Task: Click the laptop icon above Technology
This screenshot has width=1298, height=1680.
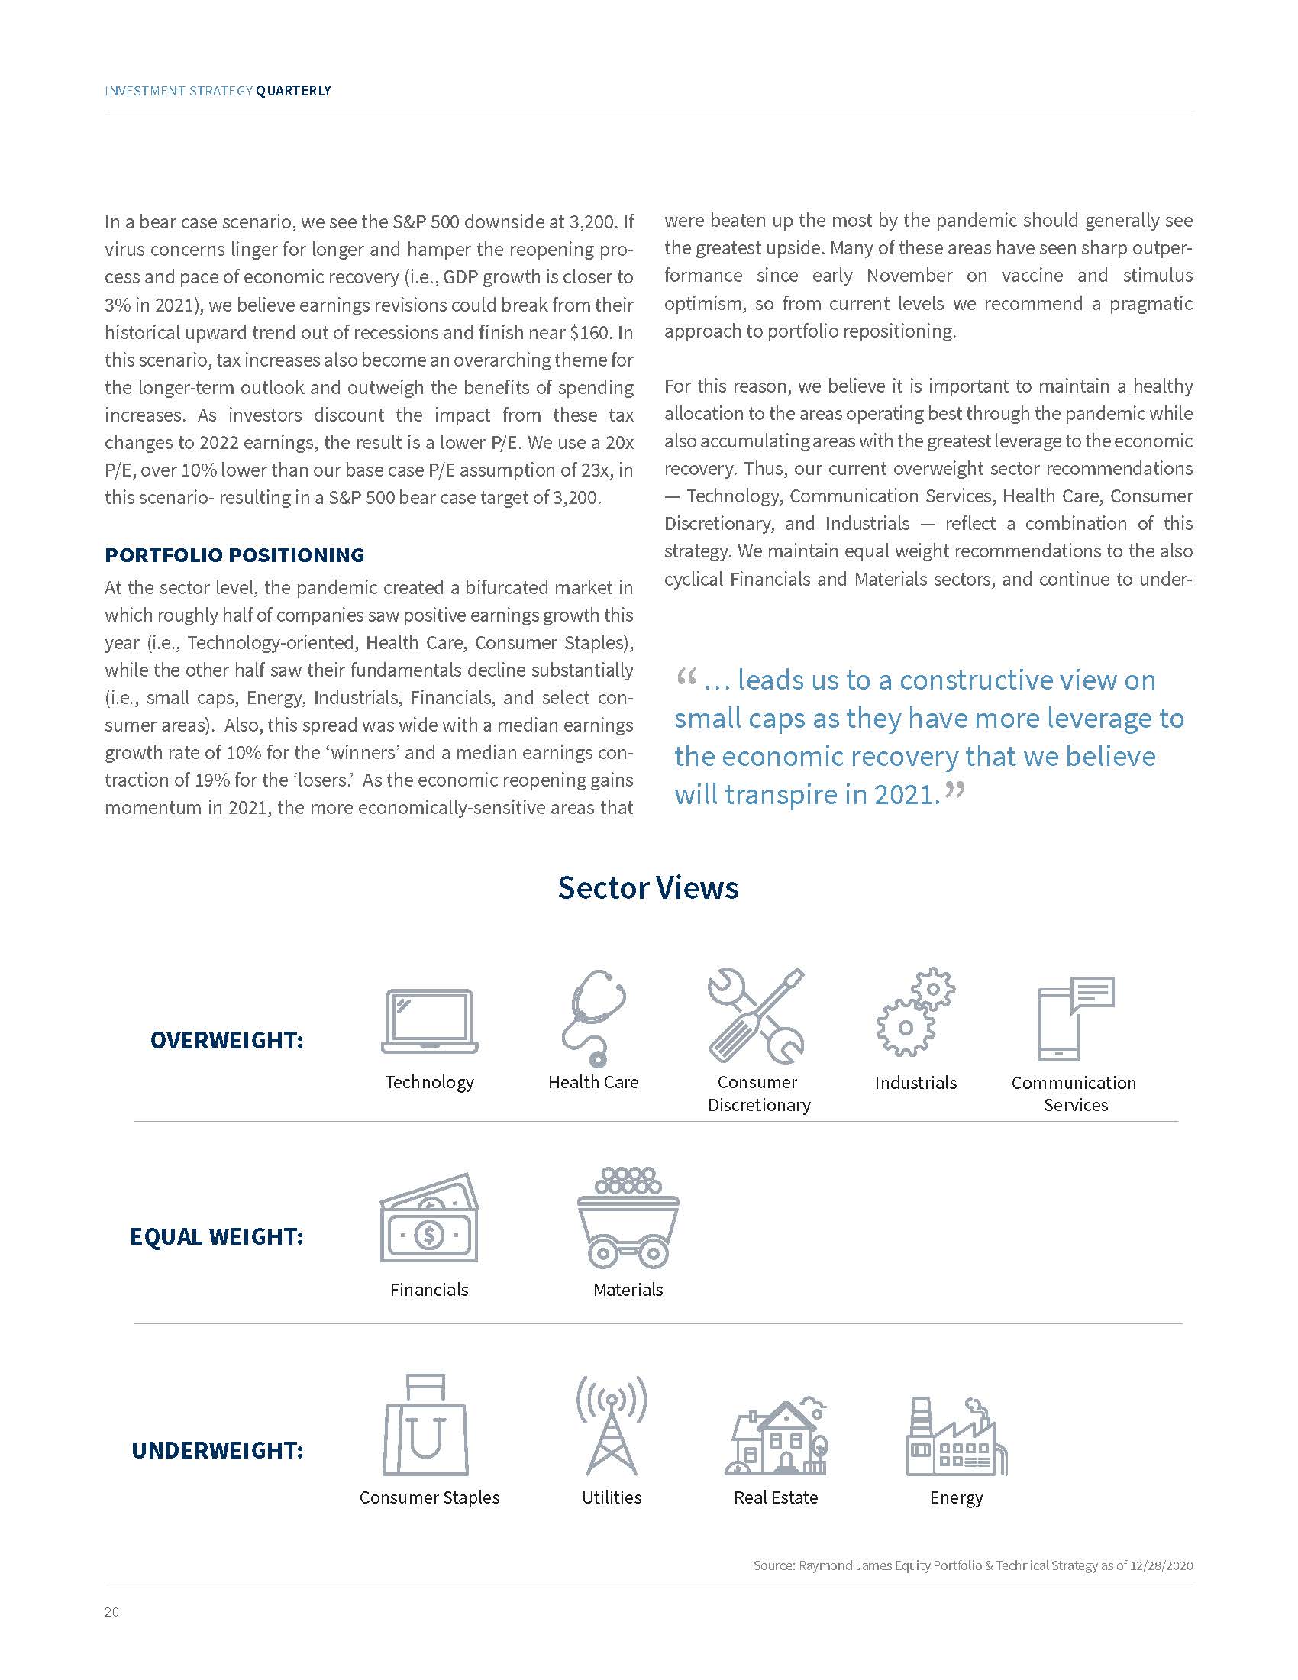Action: click(x=429, y=1021)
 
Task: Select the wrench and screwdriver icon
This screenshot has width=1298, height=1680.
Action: click(x=756, y=1016)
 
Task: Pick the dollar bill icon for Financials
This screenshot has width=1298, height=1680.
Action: click(x=429, y=1218)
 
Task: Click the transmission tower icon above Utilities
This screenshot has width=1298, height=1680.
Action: click(x=612, y=1426)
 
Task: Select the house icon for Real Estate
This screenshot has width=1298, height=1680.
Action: click(x=776, y=1436)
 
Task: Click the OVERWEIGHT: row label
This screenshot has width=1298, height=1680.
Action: click(x=227, y=1041)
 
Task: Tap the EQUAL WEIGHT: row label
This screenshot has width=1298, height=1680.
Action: click(x=217, y=1237)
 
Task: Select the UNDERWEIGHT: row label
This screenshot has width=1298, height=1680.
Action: click(x=218, y=1450)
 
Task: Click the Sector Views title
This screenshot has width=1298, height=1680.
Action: click(x=648, y=887)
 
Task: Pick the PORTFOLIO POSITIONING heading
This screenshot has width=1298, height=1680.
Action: click(x=234, y=554)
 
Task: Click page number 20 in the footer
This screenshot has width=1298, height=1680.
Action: click(x=112, y=1612)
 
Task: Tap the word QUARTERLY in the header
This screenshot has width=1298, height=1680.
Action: click(x=293, y=91)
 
